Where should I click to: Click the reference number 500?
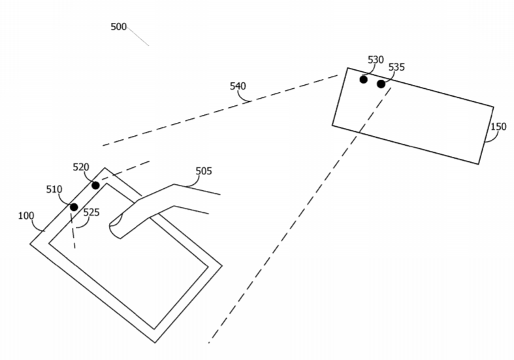[118, 27]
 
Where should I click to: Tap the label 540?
[238, 86]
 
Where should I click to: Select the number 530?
[376, 59]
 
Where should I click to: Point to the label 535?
[396, 67]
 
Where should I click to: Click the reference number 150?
[498, 126]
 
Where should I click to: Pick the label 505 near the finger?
[204, 171]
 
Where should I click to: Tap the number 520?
[80, 167]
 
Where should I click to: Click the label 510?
[54, 189]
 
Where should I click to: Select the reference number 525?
[91, 212]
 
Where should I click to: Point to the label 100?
[26, 216]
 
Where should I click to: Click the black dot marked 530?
[363, 79]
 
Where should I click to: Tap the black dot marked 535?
[381, 84]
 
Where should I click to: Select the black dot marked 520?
[95, 186]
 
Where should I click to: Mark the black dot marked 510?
[74, 207]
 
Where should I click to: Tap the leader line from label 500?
[138, 37]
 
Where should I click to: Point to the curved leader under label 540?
[243, 97]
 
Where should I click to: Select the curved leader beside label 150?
[489, 137]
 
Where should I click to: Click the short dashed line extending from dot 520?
[125, 171]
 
